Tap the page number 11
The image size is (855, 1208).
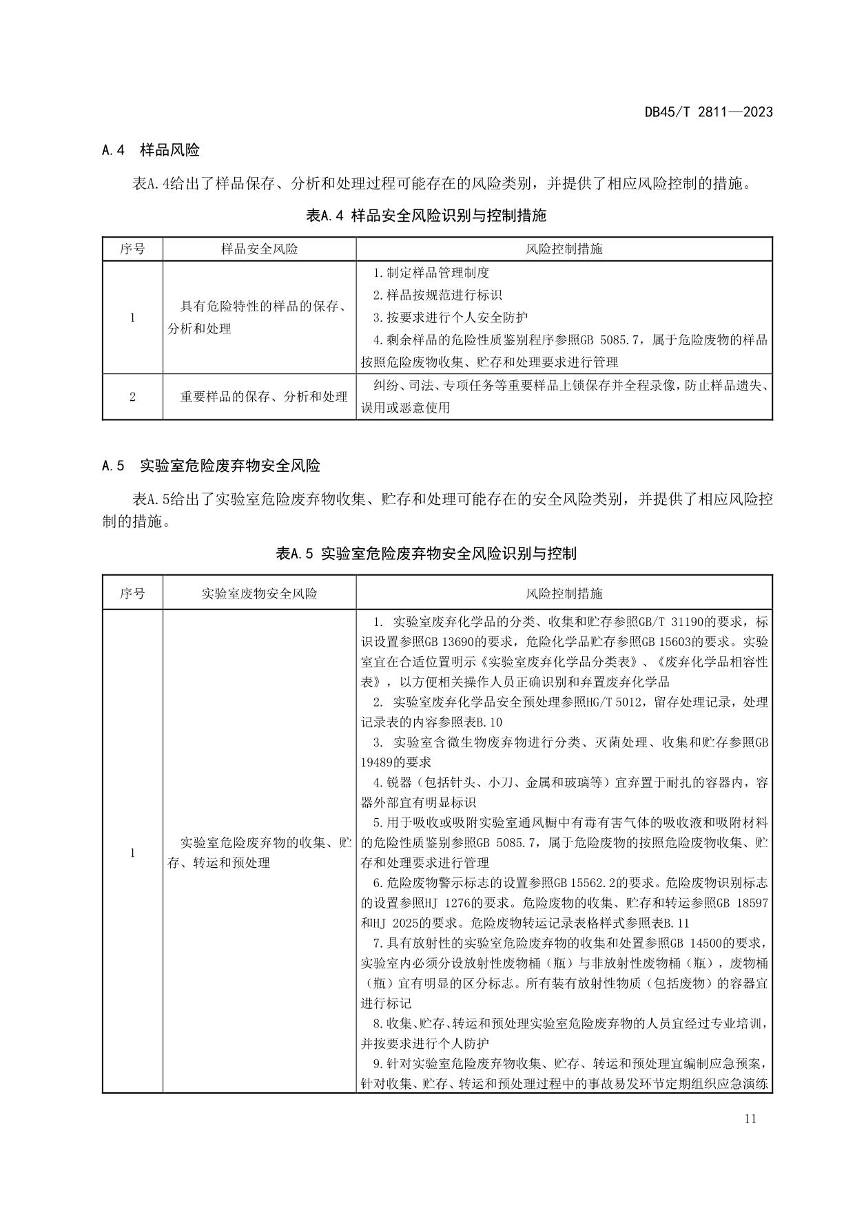tap(750, 1118)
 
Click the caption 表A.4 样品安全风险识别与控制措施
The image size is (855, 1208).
tap(426, 216)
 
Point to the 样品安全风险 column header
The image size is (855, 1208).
tap(259, 249)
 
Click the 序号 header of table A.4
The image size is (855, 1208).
tap(132, 249)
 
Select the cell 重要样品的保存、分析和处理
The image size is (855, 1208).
tap(264, 397)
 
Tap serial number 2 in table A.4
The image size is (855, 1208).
tap(132, 397)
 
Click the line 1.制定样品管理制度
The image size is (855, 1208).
tap(431, 273)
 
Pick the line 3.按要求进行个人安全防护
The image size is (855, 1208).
tap(451, 317)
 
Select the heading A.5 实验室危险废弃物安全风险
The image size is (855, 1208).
tap(211, 466)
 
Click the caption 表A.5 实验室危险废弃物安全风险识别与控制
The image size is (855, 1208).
tap(426, 553)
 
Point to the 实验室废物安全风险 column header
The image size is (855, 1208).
tap(259, 593)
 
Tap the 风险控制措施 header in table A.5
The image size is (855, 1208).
tap(564, 593)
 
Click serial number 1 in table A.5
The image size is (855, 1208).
tap(132, 853)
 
